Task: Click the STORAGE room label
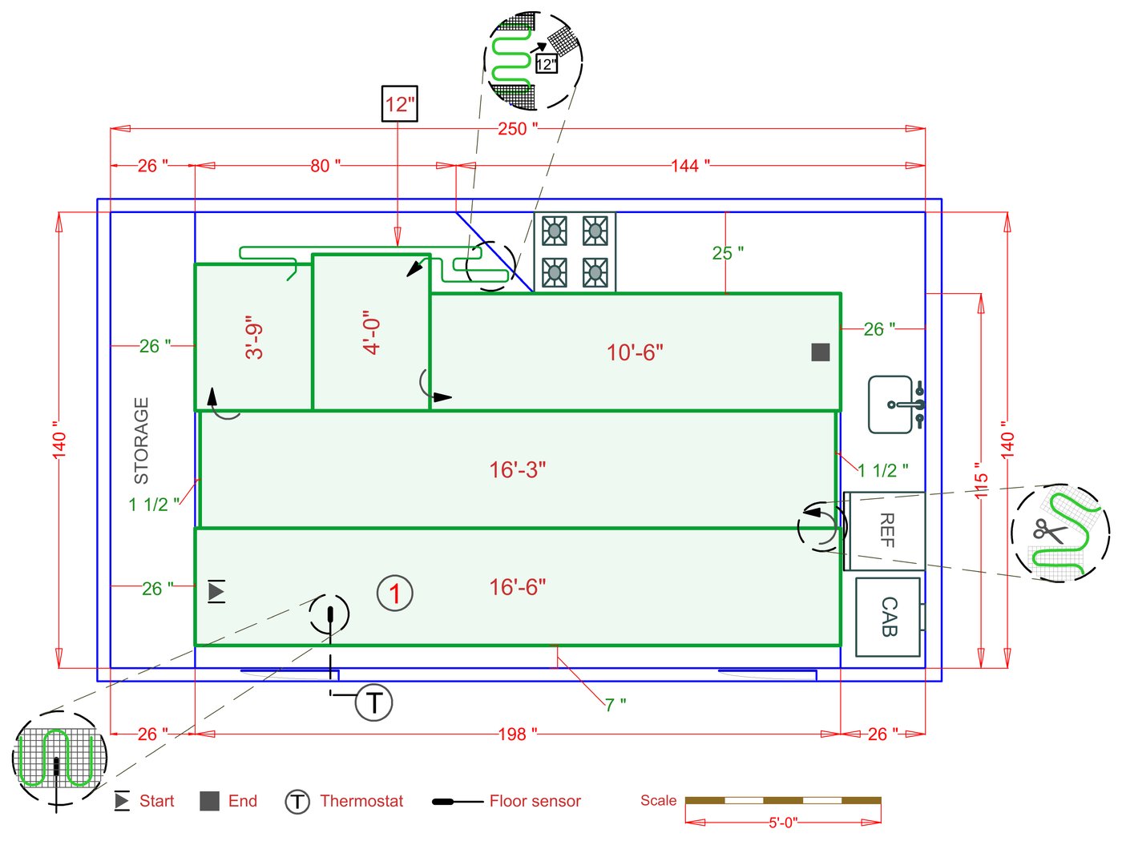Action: pos(142,441)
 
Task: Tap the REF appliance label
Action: pos(886,530)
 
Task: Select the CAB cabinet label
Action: pos(889,617)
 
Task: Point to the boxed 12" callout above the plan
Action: pos(399,104)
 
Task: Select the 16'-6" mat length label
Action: pos(518,587)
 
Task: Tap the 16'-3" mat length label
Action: pos(518,469)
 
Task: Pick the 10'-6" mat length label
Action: pos(635,352)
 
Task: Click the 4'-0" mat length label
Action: pos(372,332)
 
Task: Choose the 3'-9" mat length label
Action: pos(255,340)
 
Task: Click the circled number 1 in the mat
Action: pos(394,594)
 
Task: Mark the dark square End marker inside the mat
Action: pos(820,352)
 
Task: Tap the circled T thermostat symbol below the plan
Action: pos(373,702)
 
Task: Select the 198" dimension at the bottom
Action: pos(517,734)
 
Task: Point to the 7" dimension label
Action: pos(615,705)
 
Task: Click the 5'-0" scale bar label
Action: pos(783,823)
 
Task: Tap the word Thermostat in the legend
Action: pos(361,801)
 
